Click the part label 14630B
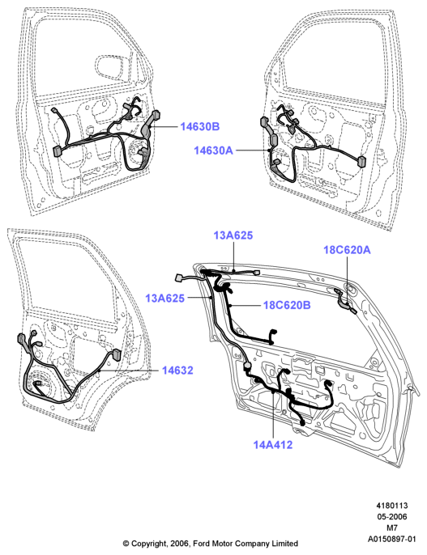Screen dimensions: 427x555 200,126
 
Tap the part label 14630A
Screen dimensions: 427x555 213,150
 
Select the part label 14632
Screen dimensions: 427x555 177,371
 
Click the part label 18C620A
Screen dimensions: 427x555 347,250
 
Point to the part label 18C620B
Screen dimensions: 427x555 287,305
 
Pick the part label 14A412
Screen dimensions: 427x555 273,445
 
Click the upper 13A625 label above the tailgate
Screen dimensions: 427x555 233,235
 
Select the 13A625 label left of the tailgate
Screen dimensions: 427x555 164,298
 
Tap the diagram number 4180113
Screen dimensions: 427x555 392,506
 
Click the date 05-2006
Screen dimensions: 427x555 392,517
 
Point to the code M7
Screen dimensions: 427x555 392,527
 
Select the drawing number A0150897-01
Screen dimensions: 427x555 391,539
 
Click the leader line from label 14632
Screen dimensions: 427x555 129,371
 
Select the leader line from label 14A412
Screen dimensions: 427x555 273,414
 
